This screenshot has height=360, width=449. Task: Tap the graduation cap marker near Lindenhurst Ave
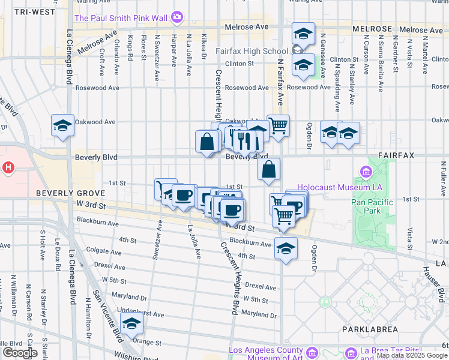pos(131,324)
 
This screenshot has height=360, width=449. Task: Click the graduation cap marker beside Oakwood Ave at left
pos(62,126)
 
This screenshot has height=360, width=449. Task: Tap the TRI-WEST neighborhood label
pos(34,12)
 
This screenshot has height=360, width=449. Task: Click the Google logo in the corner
pos(19,353)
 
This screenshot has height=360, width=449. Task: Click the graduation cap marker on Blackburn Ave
pos(286,248)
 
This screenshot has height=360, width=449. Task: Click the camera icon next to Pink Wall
pos(176,17)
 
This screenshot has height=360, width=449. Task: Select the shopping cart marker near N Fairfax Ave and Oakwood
pos(278,126)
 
